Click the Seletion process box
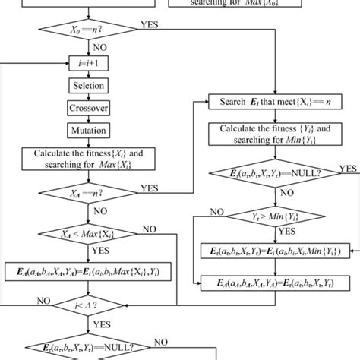(x=90, y=86)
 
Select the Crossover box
(x=90, y=108)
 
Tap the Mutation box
(x=90, y=130)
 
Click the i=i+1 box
(x=90, y=64)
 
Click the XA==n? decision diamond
(x=90, y=192)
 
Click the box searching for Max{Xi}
(x=90, y=158)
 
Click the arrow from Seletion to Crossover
(x=90, y=96)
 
